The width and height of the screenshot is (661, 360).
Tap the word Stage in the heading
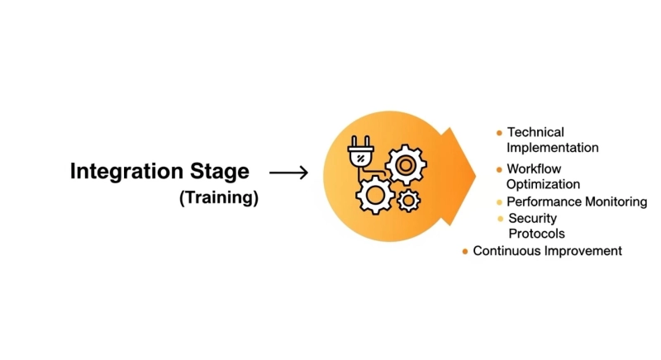pyautogui.click(x=219, y=172)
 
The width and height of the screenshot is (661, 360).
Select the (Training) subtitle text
pyautogui.click(x=219, y=198)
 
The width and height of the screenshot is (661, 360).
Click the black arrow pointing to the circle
pyautogui.click(x=288, y=173)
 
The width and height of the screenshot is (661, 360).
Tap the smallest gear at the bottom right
pyautogui.click(x=408, y=200)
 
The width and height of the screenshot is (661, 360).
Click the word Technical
pyautogui.click(x=535, y=132)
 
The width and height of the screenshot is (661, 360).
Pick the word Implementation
pyautogui.click(x=552, y=148)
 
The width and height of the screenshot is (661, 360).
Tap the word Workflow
pyautogui.click(x=534, y=169)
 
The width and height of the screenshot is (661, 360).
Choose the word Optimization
pyautogui.click(x=543, y=184)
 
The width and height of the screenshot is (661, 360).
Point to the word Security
pyautogui.click(x=532, y=219)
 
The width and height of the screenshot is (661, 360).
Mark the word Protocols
pyautogui.click(x=536, y=234)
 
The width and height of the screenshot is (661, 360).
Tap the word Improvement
pyautogui.click(x=582, y=251)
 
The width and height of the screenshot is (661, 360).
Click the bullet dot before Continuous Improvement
pyautogui.click(x=465, y=252)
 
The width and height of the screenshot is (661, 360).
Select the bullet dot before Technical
pyautogui.click(x=499, y=133)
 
